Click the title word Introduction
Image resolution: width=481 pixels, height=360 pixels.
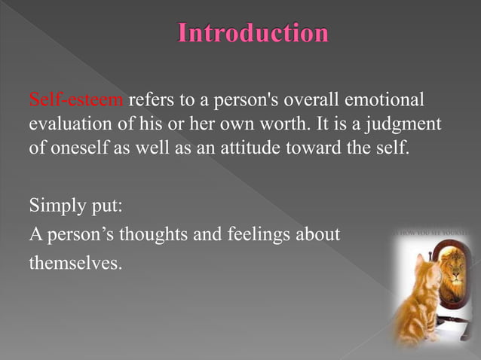[253, 34]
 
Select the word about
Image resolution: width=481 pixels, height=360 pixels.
[319, 235]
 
